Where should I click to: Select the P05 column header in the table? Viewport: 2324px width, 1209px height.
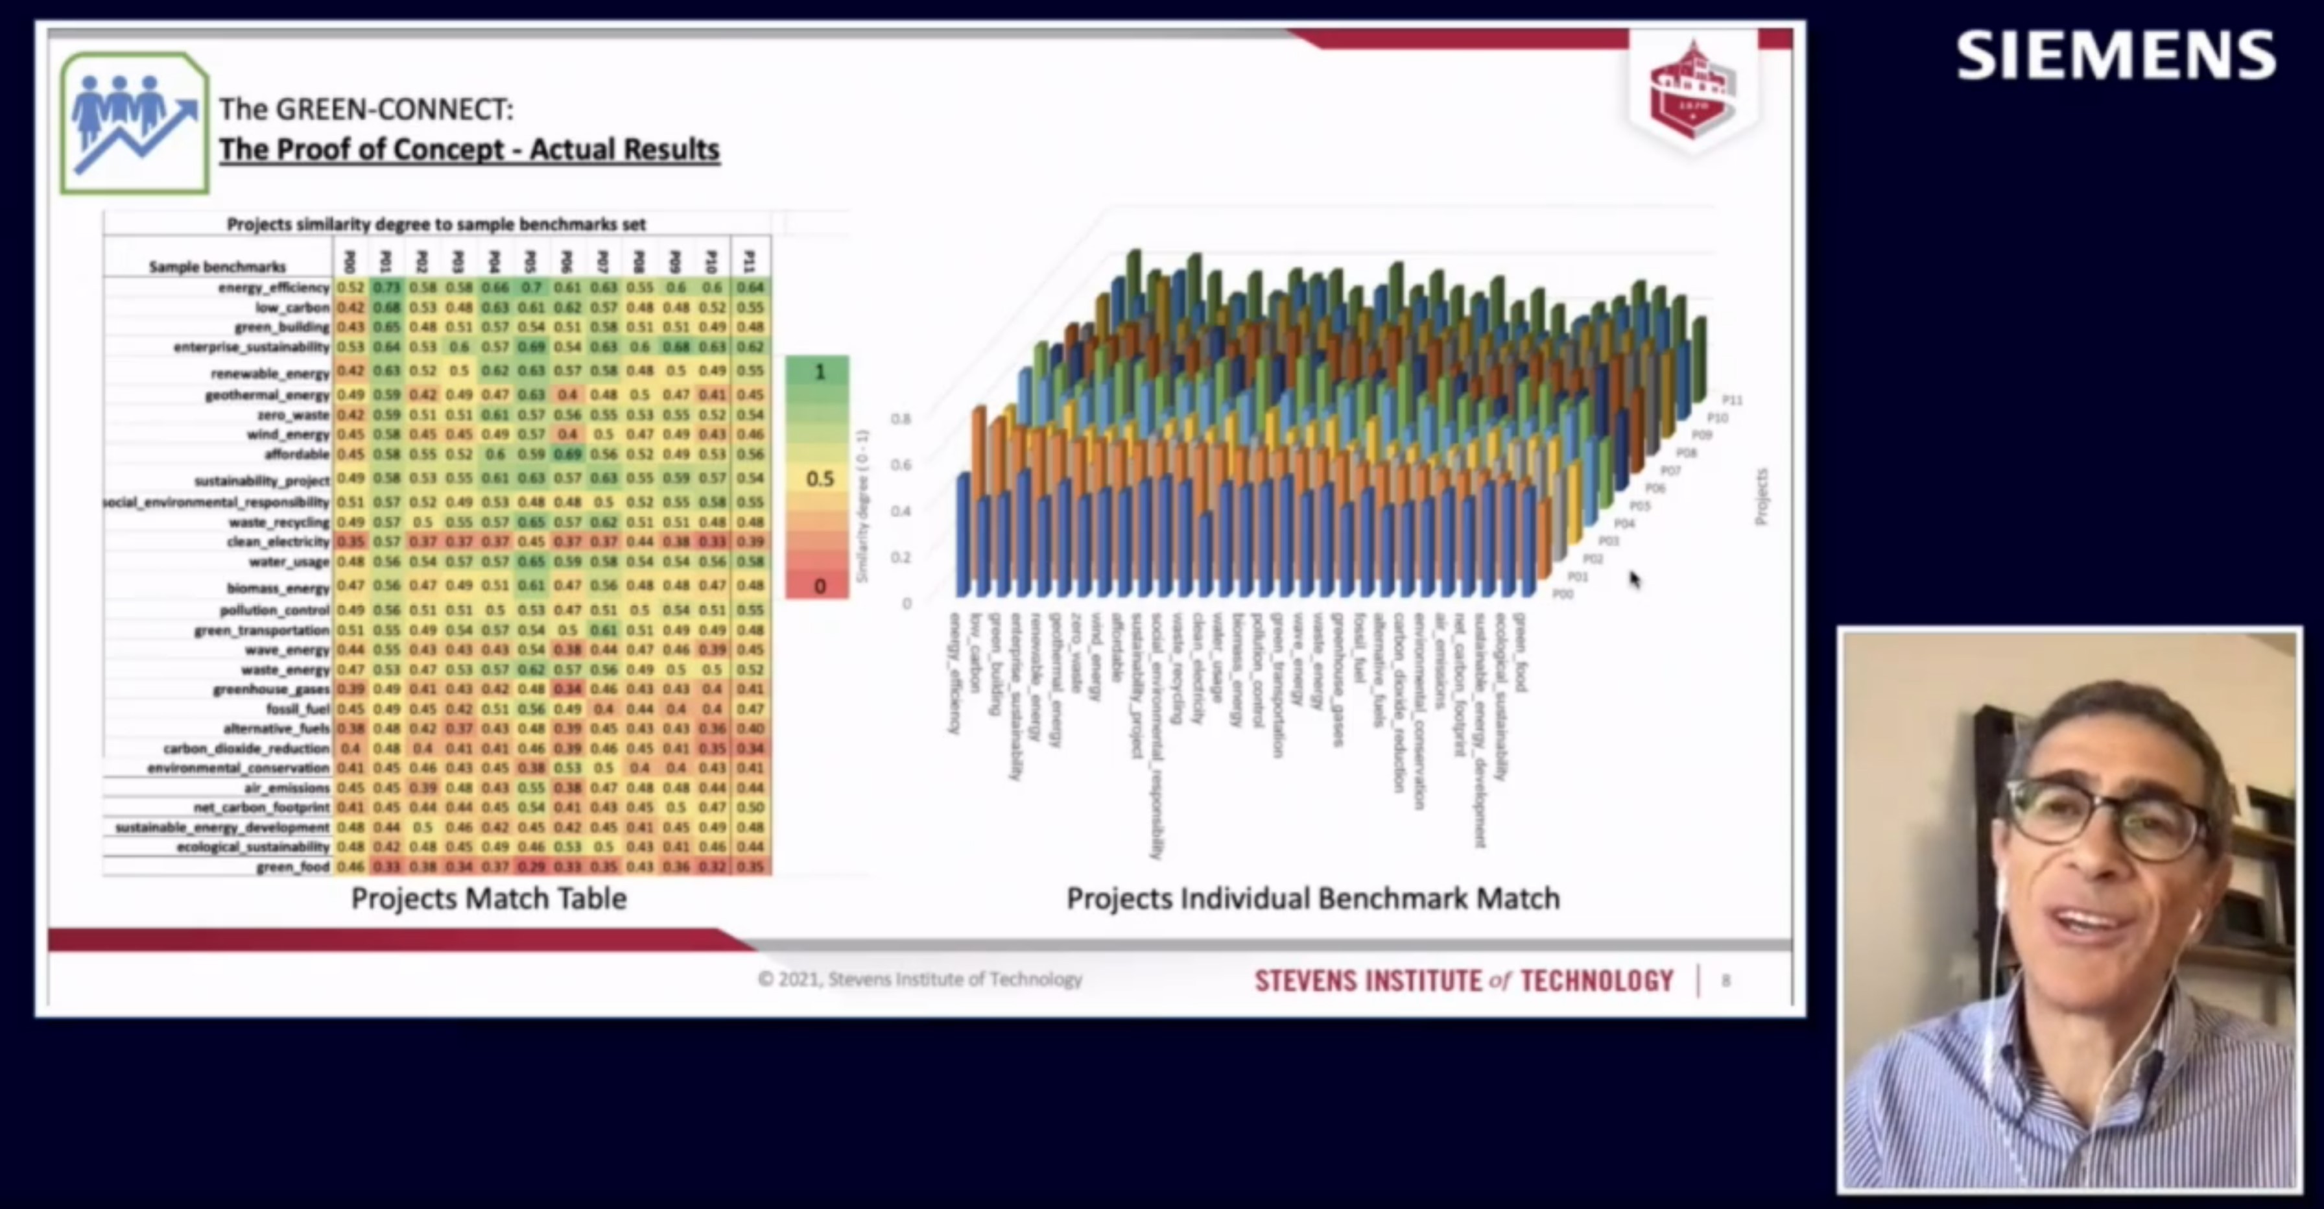tap(530, 261)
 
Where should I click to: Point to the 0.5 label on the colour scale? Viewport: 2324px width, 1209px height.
tap(819, 478)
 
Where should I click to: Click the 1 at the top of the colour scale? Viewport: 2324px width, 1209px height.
tap(819, 372)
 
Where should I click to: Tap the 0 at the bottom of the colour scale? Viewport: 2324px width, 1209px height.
tap(819, 586)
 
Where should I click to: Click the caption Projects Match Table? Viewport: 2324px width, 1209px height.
tap(488, 898)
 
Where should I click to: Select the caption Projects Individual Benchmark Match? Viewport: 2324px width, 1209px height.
tap(1312, 898)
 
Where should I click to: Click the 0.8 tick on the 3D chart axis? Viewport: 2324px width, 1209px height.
tap(901, 418)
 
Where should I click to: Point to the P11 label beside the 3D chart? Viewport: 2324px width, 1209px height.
tap(1731, 400)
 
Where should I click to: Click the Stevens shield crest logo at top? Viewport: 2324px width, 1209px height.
tap(1692, 90)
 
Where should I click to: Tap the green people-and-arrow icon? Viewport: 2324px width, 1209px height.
tap(134, 123)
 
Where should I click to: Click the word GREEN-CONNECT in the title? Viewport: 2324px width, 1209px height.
tap(394, 109)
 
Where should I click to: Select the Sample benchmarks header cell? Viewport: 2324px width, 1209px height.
tap(217, 266)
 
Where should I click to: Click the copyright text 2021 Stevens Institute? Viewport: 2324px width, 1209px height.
tap(919, 979)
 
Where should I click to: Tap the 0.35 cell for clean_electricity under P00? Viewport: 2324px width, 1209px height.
tap(350, 542)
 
